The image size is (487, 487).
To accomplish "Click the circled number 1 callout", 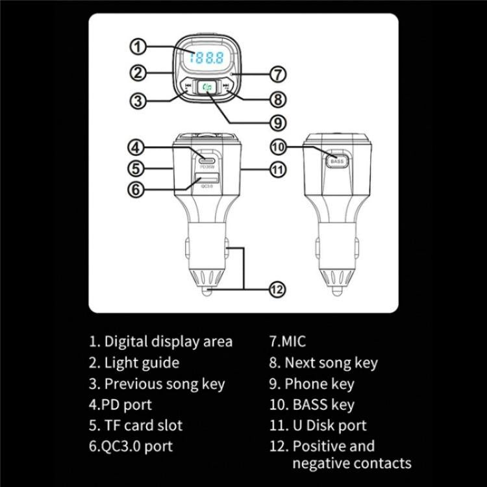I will click(137, 47).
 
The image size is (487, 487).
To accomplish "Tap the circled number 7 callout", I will click(278, 75).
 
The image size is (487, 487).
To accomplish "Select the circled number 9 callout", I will click(278, 122).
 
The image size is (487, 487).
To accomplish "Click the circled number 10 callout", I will click(278, 147).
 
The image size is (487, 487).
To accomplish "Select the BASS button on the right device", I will click(337, 160).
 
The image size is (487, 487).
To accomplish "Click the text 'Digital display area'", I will click(168, 342).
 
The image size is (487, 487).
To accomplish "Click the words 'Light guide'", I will click(141, 362).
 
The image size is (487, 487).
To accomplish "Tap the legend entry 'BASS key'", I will click(323, 405).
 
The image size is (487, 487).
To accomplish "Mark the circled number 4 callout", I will click(137, 147).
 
